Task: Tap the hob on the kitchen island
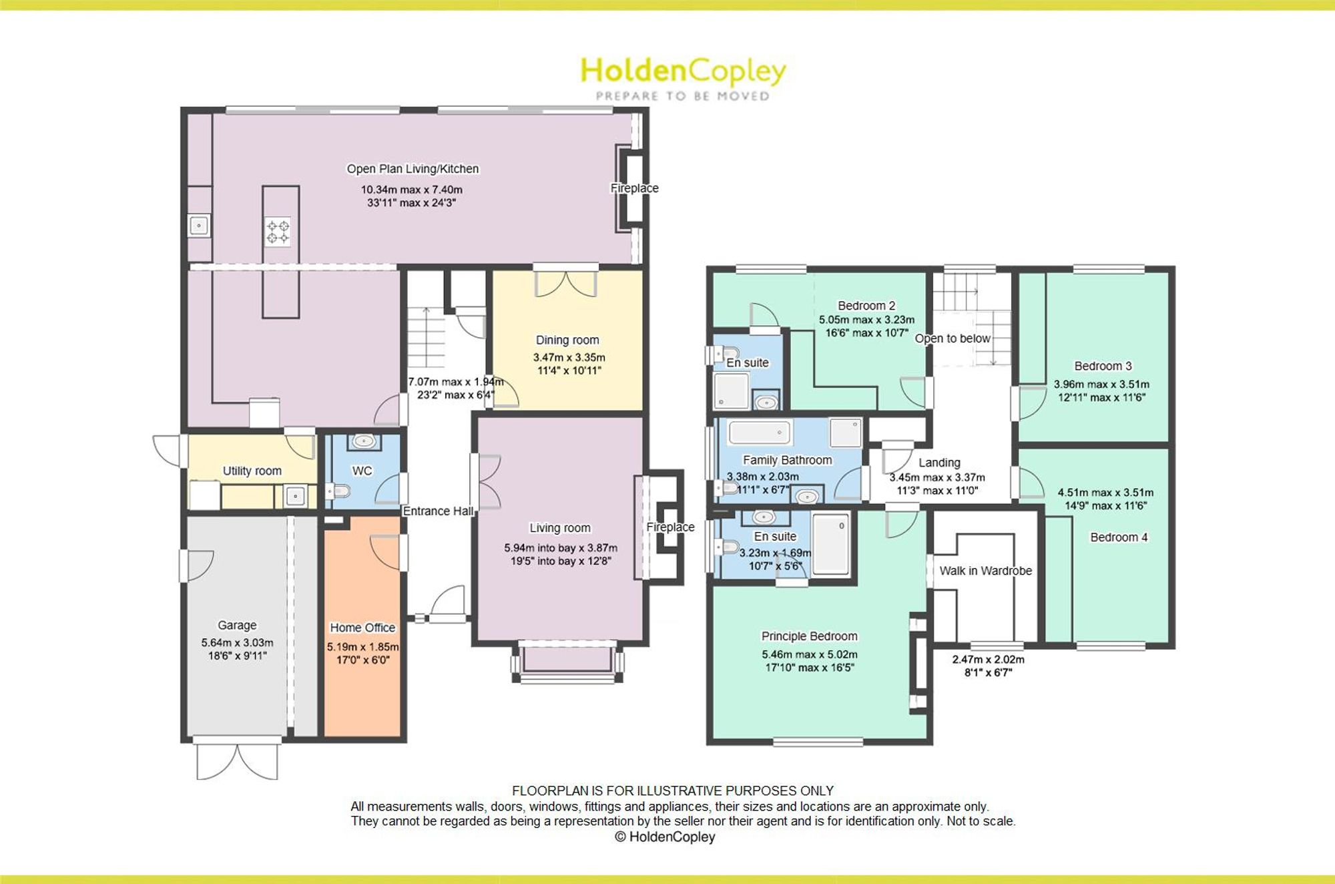pos(278,232)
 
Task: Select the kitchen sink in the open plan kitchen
pos(199,226)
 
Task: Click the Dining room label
pos(567,340)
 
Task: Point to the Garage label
pos(237,625)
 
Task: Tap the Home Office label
pos(362,628)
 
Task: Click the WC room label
pos(362,471)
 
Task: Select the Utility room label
pos(252,471)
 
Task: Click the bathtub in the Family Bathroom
pos(760,433)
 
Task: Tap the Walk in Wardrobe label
pos(985,571)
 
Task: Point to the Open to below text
pos(953,339)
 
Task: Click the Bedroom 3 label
pos(1103,366)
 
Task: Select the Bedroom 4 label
pos(1119,537)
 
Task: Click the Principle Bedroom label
pos(809,636)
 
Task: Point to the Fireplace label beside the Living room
pos(670,527)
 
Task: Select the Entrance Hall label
pos(438,511)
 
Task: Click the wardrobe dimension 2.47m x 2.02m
pos(988,660)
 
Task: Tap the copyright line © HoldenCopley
pos(665,837)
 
